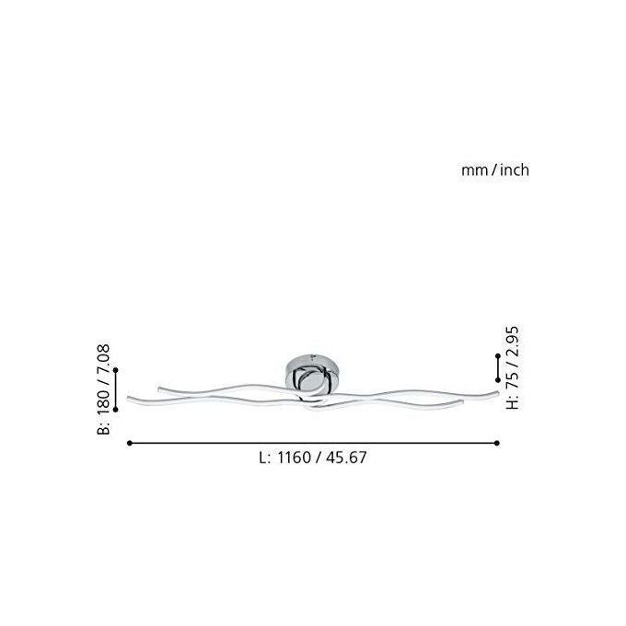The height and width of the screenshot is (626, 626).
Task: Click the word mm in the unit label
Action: pyautogui.click(x=475, y=171)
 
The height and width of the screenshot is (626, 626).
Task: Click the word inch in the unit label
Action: pyautogui.click(x=515, y=169)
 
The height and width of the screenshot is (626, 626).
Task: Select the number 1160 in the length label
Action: pyautogui.click(x=294, y=458)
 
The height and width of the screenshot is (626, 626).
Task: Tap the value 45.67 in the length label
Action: pyautogui.click(x=346, y=458)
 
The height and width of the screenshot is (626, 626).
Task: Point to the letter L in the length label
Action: pyautogui.click(x=263, y=458)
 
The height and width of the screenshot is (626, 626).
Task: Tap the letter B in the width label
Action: pyautogui.click(x=103, y=428)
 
